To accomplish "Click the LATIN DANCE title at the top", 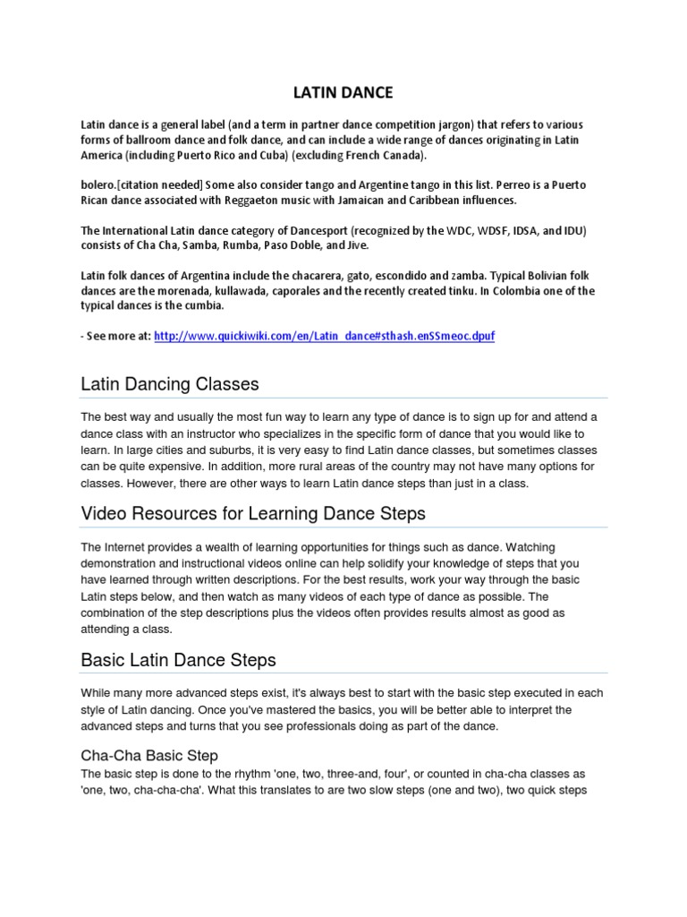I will click(x=343, y=92).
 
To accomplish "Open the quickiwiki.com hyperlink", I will click(x=323, y=336).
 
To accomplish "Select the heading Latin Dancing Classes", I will click(x=170, y=384).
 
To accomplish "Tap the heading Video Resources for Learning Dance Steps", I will click(x=253, y=514).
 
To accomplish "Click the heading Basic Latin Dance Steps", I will click(x=178, y=660).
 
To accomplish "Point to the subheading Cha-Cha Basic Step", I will click(x=149, y=756).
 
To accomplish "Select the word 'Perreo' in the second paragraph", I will click(x=522, y=184).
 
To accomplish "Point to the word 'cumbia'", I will click(x=205, y=306).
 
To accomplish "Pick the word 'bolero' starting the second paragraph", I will click(x=98, y=184).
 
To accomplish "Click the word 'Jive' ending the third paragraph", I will click(x=355, y=245).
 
